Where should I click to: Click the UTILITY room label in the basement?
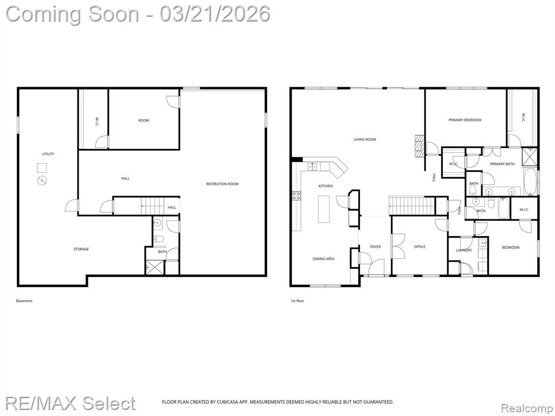click(48, 154)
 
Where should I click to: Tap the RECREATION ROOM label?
click(222, 184)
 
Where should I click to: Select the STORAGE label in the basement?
click(81, 249)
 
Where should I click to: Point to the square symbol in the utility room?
click(42, 168)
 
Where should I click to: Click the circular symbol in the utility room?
click(42, 180)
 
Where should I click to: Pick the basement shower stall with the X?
click(155, 267)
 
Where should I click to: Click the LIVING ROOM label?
click(365, 139)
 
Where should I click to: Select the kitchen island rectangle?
click(324, 209)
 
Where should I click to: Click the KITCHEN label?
click(326, 186)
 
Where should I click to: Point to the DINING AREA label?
click(324, 259)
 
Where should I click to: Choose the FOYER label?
click(375, 247)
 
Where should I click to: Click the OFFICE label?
click(420, 247)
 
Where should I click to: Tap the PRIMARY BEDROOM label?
click(464, 120)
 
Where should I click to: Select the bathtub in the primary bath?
click(531, 182)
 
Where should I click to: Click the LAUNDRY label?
click(464, 250)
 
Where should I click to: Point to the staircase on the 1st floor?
click(412, 205)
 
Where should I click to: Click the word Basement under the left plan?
click(24, 301)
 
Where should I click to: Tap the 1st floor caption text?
click(298, 301)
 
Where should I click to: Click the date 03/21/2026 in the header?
click(215, 15)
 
